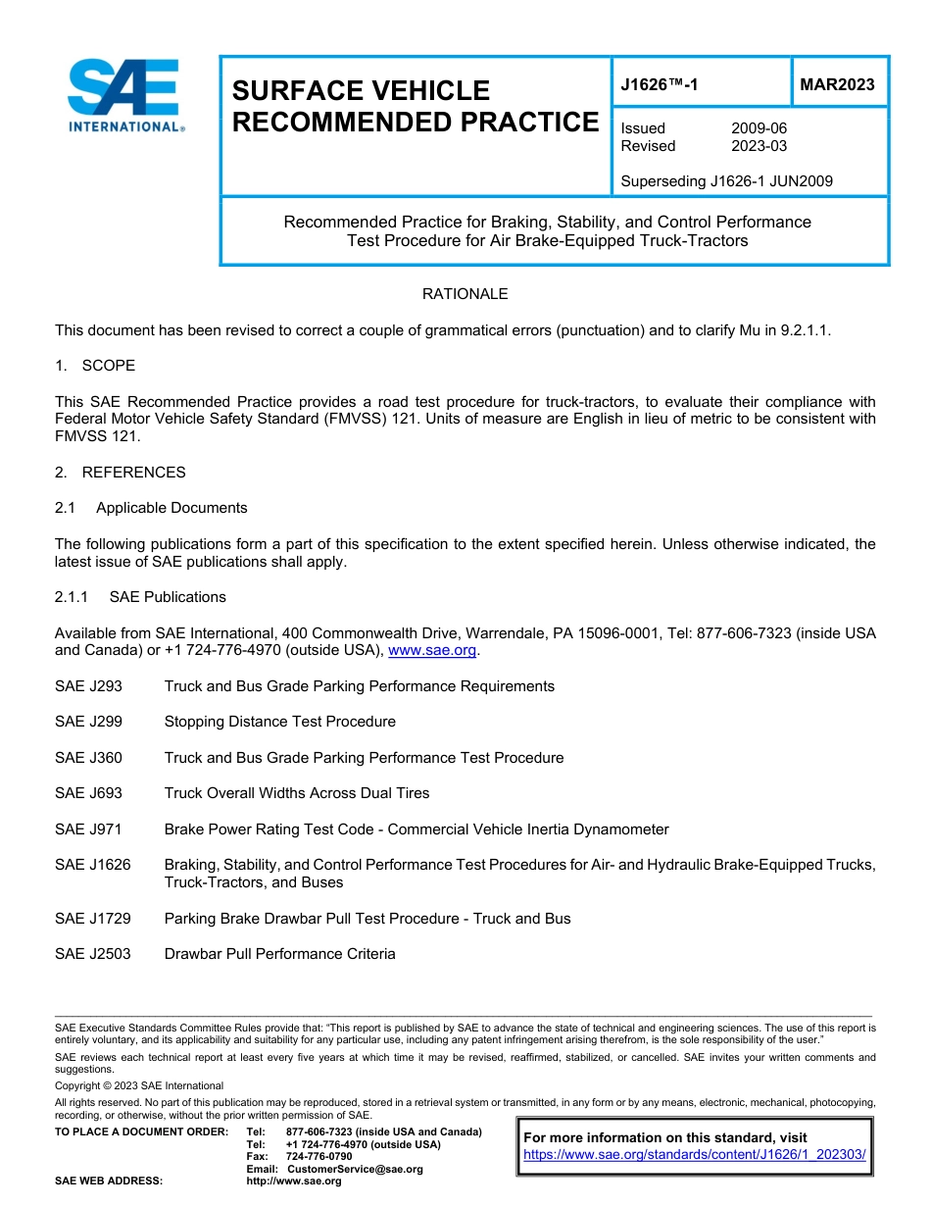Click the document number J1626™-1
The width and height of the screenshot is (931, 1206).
tap(660, 85)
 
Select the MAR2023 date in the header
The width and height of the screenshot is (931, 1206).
tap(837, 85)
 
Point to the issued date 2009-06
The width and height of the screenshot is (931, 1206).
tap(759, 128)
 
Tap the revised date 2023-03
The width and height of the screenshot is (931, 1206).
tap(759, 146)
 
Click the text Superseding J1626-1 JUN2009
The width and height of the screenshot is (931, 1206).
tap(726, 181)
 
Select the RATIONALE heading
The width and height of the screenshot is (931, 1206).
tap(465, 294)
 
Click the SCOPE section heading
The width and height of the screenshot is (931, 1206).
tap(108, 366)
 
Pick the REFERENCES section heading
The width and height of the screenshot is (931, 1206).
tap(133, 473)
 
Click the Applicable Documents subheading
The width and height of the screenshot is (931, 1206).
tap(171, 508)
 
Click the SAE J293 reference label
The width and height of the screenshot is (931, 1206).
tap(88, 686)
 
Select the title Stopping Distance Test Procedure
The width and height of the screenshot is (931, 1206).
tap(279, 722)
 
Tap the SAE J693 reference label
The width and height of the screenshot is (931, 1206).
tap(88, 793)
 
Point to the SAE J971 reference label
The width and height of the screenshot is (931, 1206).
tap(88, 829)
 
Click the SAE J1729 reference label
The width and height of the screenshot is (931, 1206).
tap(92, 919)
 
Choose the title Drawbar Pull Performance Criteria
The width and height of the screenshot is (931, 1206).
tap(279, 954)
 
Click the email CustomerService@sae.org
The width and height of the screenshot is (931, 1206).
tap(354, 1169)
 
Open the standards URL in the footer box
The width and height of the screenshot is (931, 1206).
tap(695, 1155)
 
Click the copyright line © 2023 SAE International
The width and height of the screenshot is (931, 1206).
tap(139, 1085)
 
